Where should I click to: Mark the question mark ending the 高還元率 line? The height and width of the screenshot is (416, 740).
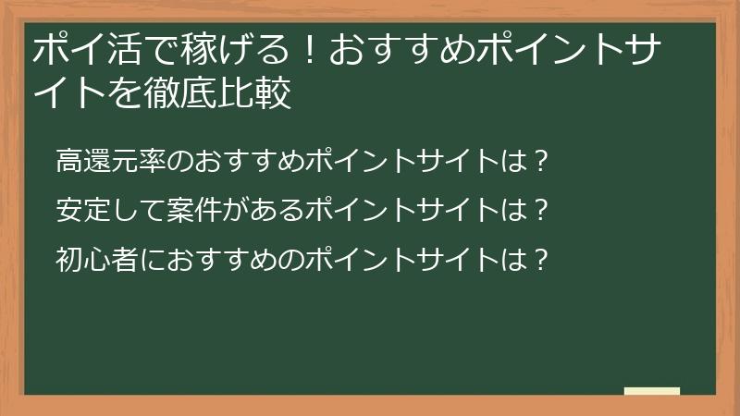[542, 161]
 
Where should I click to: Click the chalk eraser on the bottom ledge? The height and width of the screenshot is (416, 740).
[651, 391]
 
